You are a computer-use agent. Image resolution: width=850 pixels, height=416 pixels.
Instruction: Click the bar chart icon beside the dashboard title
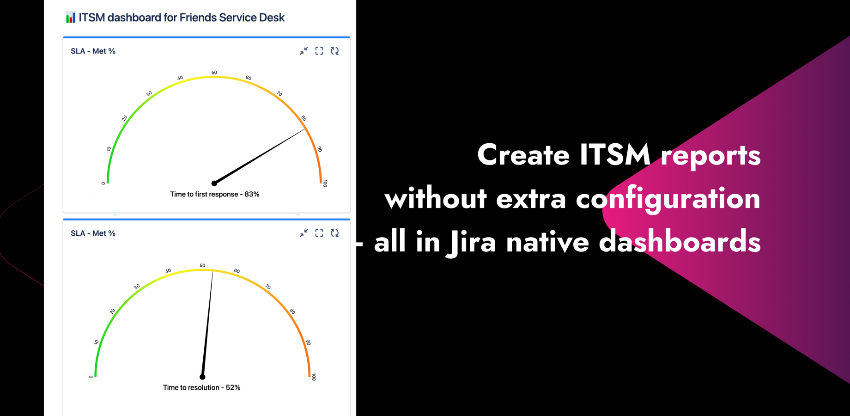pos(70,18)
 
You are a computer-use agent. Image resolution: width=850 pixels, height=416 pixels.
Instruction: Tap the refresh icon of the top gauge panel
pos(335,51)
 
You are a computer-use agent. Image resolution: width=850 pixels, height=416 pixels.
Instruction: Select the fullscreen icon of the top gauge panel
pos(319,51)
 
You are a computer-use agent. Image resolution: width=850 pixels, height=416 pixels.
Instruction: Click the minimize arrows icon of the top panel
pos(304,51)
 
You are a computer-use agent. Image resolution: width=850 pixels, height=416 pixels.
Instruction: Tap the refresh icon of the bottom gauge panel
pos(335,233)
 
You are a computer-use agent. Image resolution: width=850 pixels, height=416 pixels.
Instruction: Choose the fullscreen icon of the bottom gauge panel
pos(319,233)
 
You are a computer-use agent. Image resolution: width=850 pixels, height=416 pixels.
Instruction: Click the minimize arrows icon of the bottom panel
pos(304,233)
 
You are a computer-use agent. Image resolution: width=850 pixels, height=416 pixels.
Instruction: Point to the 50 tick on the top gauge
pos(214,73)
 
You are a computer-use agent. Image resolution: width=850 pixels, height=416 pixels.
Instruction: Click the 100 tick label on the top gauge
pos(325,184)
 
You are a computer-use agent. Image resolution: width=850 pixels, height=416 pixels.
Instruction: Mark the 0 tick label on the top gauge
pos(103,184)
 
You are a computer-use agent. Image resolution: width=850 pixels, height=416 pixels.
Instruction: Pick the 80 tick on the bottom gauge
pos(292,312)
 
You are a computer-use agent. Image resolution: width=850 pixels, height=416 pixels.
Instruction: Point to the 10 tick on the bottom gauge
pos(97,343)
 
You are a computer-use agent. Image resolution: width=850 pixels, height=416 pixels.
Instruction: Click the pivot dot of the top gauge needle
pos(214,184)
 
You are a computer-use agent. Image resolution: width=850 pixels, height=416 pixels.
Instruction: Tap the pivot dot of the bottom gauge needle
pos(202,377)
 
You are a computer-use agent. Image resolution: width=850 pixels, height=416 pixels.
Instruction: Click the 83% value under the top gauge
pos(252,194)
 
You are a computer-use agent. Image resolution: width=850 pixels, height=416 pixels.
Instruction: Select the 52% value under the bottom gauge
pos(233,387)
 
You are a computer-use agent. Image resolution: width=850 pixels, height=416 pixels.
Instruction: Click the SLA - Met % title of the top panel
pos(93,51)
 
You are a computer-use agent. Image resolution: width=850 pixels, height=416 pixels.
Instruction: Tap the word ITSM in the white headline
pos(614,154)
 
